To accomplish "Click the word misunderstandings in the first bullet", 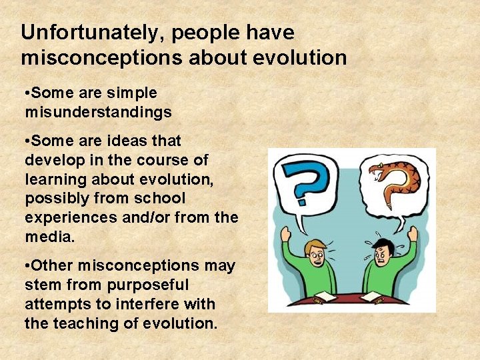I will click(x=98, y=112).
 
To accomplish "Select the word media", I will click(x=49, y=237).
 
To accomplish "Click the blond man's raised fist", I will click(x=287, y=233).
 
